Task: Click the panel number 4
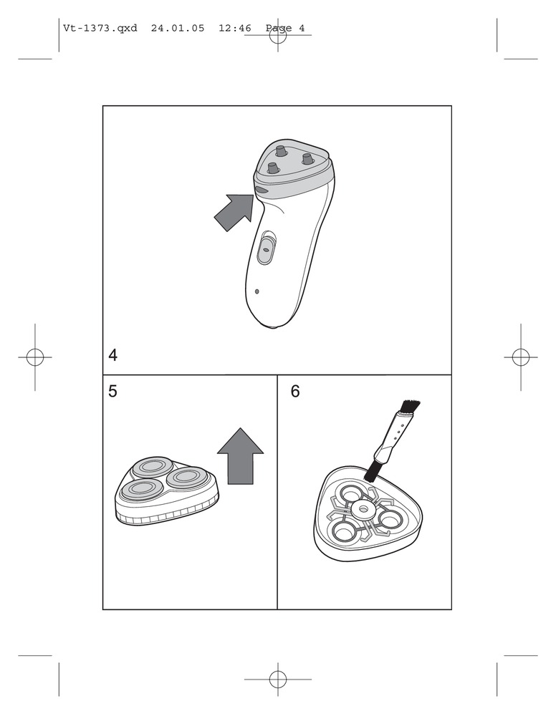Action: [x=112, y=355]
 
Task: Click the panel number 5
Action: [x=112, y=392]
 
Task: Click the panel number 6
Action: [x=295, y=392]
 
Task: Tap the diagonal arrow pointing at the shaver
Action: [x=234, y=212]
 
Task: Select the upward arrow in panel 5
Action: [x=240, y=455]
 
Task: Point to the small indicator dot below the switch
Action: [x=257, y=291]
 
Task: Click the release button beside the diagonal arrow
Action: [x=262, y=190]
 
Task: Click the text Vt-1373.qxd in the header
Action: [x=100, y=29]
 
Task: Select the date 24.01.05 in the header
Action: [x=178, y=29]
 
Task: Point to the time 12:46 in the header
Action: [x=235, y=29]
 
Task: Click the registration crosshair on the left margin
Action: [x=35, y=357]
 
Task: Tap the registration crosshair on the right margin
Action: [x=520, y=357]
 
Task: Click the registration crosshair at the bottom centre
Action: [x=278, y=679]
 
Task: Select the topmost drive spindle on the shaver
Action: [x=279, y=150]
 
